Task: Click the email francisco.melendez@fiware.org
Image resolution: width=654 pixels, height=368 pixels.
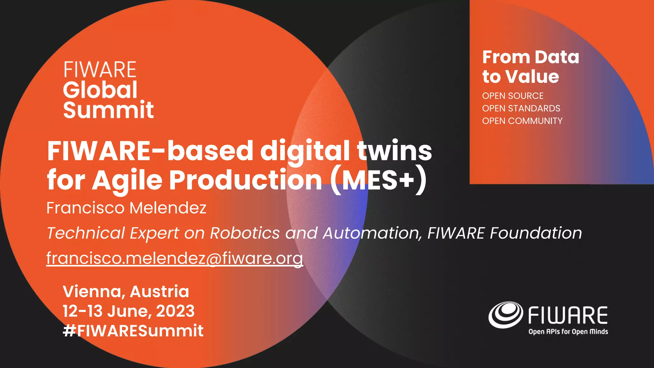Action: point(174,258)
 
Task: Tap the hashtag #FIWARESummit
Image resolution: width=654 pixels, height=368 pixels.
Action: point(133,331)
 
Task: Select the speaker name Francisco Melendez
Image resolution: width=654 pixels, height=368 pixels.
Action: point(126,208)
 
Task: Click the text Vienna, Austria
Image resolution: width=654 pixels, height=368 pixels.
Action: point(126,291)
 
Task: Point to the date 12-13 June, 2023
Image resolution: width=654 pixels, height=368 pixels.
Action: point(128,311)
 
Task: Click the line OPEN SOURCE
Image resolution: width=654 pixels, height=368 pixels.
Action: point(513,96)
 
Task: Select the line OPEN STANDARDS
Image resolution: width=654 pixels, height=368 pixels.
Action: point(521,108)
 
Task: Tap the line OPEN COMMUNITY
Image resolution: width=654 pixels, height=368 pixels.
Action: point(522,121)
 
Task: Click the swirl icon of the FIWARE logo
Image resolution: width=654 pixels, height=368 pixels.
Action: point(506,315)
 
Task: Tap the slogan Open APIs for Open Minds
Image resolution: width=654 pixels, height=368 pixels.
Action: point(568,332)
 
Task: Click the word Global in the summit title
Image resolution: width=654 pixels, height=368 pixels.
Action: point(100,90)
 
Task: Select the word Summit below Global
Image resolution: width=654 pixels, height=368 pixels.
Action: point(109,110)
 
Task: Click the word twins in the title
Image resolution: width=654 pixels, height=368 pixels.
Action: point(394,151)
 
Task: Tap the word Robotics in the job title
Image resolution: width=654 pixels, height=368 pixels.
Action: point(245,233)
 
